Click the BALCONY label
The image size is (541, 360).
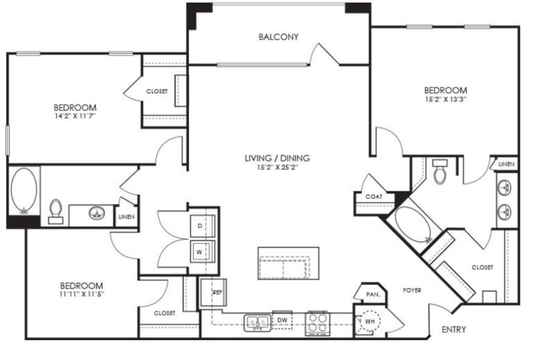click(278, 37)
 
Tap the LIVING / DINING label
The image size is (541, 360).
click(277, 158)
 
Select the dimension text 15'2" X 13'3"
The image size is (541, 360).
click(445, 99)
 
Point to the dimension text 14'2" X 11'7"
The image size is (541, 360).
click(75, 116)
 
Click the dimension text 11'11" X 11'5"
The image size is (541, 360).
click(81, 294)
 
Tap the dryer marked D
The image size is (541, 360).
click(202, 226)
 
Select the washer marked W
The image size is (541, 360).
click(202, 252)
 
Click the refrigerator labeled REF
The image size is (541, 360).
click(213, 293)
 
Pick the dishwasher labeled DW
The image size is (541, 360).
click(282, 320)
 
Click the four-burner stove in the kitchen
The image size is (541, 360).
click(318, 323)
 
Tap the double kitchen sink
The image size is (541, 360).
click(257, 323)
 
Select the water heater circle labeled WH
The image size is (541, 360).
click(369, 321)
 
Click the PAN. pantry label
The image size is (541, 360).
click(373, 295)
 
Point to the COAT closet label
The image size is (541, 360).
click(374, 197)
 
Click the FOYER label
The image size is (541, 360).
click(412, 291)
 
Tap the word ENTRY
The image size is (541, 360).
click(454, 329)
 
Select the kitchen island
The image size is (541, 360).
click(288, 263)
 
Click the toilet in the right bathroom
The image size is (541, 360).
click(440, 171)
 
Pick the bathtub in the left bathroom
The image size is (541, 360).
click(24, 190)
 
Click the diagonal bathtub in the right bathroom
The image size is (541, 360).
click(413, 224)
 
